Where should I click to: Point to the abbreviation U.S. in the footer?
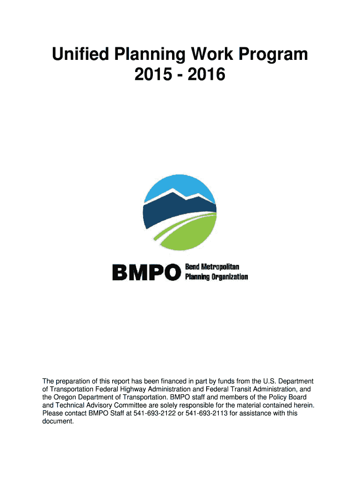(269, 381)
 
